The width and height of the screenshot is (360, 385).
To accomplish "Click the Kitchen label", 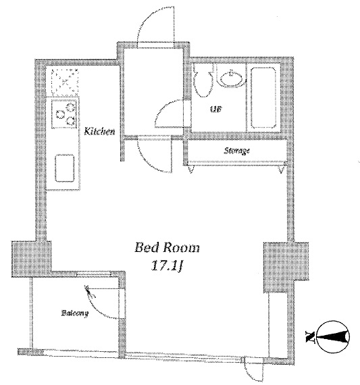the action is [99, 131].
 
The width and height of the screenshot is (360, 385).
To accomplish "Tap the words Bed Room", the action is [167, 247].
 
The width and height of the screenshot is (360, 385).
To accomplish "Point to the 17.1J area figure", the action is [167, 265].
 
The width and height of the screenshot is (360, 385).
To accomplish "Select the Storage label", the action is [236, 150].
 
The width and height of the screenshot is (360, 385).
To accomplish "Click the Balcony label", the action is [75, 313].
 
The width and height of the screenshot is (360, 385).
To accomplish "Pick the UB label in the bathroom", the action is [216, 109].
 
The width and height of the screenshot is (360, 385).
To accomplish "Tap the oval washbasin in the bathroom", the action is [231, 78].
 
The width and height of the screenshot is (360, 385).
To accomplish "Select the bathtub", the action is [263, 97].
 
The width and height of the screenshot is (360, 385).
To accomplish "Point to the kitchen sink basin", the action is [65, 168].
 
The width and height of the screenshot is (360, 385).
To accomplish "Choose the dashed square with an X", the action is [65, 82].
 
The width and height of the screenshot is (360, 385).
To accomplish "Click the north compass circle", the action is [334, 336].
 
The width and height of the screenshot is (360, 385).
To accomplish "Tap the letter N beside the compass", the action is [309, 336].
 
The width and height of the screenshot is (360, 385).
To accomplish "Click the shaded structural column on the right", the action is [286, 267].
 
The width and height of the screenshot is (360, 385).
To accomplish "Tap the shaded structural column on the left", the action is [32, 259].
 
